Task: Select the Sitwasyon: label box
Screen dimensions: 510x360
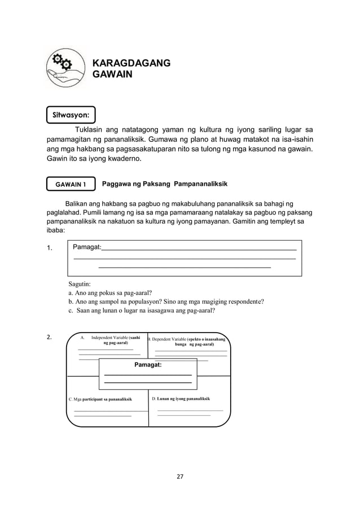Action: [71, 114]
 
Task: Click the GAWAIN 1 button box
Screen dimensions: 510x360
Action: [71, 184]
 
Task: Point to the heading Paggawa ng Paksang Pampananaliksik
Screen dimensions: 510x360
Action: [164, 184]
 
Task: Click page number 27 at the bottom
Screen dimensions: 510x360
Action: [180, 477]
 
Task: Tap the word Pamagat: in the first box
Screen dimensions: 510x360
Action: [87, 247]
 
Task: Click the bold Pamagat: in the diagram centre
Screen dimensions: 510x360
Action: [148, 365]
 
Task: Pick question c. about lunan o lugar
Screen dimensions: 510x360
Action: [142, 310]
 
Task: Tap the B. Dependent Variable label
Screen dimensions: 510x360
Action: [187, 341]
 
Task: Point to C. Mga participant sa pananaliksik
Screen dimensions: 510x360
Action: [100, 399]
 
